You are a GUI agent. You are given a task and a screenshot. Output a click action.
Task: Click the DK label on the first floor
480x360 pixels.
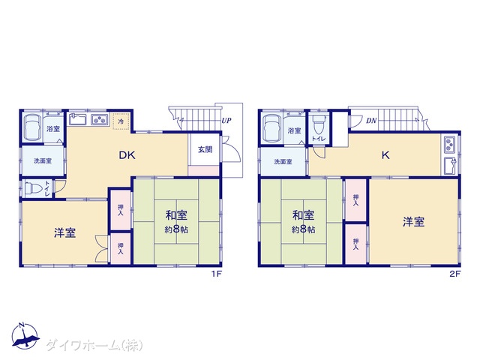click(x=127, y=155)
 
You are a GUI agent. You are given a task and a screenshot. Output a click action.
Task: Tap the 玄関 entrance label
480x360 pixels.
click(x=205, y=150)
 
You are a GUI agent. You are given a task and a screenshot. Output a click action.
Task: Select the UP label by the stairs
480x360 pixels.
click(x=226, y=120)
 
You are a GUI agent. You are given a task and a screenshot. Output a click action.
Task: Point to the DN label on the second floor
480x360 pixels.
click(x=371, y=121)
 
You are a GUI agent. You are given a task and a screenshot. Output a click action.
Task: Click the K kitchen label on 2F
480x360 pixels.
click(x=385, y=155)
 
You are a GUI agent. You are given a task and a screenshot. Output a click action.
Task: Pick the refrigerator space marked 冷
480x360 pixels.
click(x=121, y=121)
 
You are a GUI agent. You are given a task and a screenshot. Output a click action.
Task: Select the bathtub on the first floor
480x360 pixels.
click(x=32, y=127)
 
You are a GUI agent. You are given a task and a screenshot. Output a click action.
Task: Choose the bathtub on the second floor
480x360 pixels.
click(x=272, y=128)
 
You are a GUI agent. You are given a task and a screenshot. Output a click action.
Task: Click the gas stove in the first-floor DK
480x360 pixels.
click(x=100, y=119)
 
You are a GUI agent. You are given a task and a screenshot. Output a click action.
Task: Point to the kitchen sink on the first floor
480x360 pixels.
click(x=78, y=119)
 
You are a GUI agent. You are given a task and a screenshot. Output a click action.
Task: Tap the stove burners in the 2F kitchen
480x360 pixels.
click(x=450, y=145)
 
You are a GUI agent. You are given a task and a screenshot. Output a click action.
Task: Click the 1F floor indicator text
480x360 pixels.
click(x=216, y=274)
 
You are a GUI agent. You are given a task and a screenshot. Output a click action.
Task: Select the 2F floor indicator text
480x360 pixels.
click(x=455, y=274)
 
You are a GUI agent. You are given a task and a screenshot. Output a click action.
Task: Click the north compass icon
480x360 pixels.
click(x=25, y=336)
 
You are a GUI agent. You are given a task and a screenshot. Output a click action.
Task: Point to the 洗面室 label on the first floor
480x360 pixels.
click(x=43, y=160)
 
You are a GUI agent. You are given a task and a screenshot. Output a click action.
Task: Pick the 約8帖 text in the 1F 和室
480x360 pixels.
click(x=176, y=229)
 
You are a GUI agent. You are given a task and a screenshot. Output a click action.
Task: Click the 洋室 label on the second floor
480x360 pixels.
click(x=413, y=222)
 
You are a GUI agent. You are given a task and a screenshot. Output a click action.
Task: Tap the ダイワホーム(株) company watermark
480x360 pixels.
click(x=94, y=345)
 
